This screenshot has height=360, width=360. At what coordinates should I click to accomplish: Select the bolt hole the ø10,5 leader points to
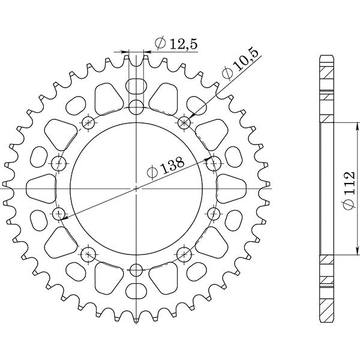184,122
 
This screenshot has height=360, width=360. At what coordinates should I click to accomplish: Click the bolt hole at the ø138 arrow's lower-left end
59,214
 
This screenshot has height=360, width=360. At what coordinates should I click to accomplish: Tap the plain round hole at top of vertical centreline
137,108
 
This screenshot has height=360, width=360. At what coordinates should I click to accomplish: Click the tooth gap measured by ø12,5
137,58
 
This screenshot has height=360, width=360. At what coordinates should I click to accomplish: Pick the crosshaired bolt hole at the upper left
89,123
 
